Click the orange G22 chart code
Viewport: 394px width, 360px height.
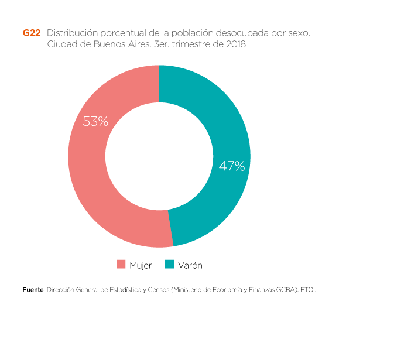[x=32, y=33]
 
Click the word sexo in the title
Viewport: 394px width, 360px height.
[x=298, y=33]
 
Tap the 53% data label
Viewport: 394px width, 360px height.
[x=95, y=122]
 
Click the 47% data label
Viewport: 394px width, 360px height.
[x=231, y=166]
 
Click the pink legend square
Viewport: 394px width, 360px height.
[x=121, y=264]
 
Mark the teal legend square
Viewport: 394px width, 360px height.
[x=170, y=264]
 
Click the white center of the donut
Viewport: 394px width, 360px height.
[x=159, y=156]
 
